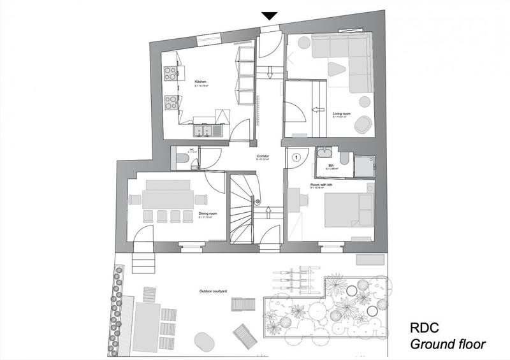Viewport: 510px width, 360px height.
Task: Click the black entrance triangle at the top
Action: pos(270,16)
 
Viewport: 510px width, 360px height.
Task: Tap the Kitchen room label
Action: pos(201,81)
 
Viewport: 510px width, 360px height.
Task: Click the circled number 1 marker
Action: pos(295,156)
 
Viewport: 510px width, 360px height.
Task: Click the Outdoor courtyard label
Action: pos(214,291)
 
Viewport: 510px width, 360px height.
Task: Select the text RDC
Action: pos(425,329)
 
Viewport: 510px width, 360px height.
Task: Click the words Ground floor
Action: pos(447,345)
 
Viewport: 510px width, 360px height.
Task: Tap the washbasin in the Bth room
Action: pos(326,153)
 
